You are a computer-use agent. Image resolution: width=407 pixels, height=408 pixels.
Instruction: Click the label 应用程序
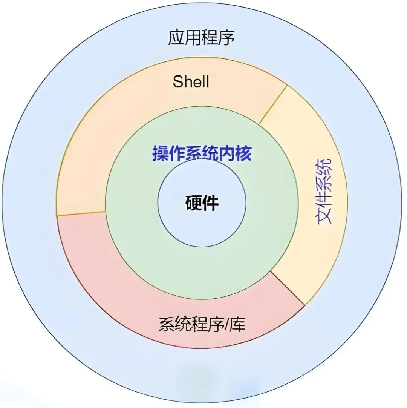tap(202, 38)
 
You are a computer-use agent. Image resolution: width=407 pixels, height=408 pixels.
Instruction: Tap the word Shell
tap(191, 81)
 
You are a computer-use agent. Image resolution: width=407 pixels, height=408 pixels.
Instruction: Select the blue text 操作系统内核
tap(202, 154)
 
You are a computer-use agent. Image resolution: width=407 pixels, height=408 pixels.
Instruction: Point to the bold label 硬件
tap(202, 203)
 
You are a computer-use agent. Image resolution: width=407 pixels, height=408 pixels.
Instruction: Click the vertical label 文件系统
tap(323, 191)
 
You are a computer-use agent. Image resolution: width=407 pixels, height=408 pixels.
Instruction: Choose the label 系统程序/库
tap(202, 324)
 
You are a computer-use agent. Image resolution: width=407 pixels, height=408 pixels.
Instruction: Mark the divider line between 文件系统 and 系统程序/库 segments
tap(288, 288)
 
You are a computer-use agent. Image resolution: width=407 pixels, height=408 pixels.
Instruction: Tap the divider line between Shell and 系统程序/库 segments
tap(81, 213)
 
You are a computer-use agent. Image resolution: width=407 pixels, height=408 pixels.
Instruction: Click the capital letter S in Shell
tap(178, 81)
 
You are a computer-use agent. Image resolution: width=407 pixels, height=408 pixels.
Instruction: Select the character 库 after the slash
tap(239, 324)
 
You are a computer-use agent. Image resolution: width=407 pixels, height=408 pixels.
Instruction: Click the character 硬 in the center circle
tap(194, 203)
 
